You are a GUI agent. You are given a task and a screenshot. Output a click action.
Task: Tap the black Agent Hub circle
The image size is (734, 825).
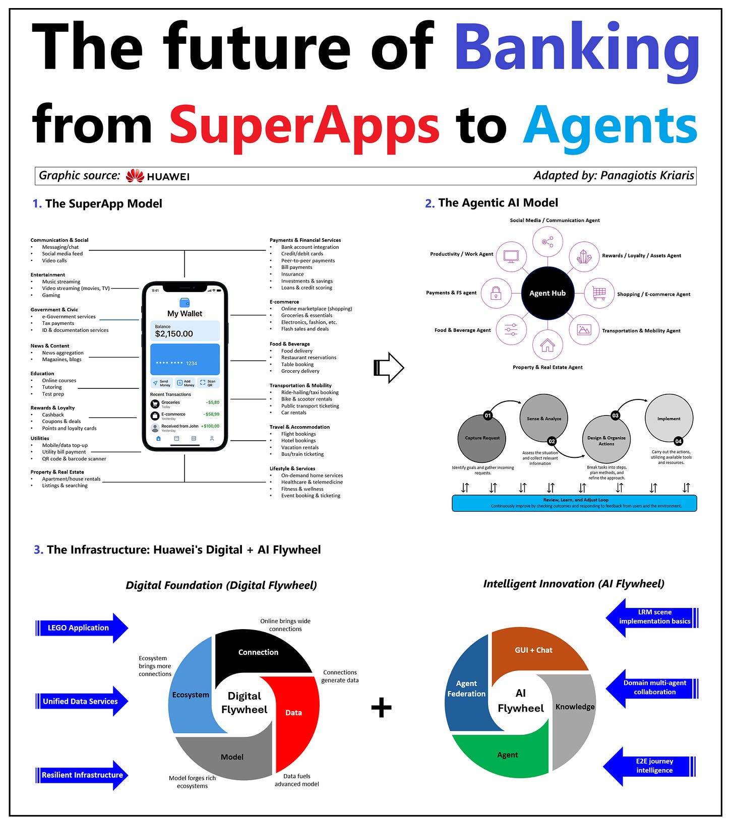pyautogui.click(x=547, y=293)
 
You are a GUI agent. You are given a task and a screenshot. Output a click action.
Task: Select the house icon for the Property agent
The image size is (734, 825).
pyautogui.click(x=547, y=346)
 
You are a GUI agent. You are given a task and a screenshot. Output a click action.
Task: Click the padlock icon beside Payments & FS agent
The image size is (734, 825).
pyautogui.click(x=496, y=293)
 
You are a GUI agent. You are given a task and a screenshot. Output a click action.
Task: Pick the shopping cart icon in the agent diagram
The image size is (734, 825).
pyautogui.click(x=599, y=293)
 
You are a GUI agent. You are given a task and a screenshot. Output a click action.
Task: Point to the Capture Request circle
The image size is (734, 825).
pyautogui.click(x=482, y=438)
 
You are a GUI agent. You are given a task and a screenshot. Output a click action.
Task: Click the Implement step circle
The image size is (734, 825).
pyautogui.click(x=669, y=419)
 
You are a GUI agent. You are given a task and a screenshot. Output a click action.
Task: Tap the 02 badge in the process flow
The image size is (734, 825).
pyautogui.click(x=552, y=441)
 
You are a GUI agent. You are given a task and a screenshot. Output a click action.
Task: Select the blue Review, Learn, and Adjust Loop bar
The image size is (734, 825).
pyautogui.click(x=574, y=503)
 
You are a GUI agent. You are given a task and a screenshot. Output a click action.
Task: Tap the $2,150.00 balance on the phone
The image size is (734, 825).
pyautogui.click(x=174, y=334)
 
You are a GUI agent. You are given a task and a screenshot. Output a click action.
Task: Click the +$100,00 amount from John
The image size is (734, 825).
pyautogui.click(x=210, y=426)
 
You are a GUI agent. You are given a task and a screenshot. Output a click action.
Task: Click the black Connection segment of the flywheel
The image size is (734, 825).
pyautogui.click(x=258, y=652)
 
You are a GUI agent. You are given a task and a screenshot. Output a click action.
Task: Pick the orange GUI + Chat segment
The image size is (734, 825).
pyautogui.click(x=533, y=650)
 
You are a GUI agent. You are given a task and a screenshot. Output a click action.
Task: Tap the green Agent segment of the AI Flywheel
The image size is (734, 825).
pyautogui.click(x=507, y=755)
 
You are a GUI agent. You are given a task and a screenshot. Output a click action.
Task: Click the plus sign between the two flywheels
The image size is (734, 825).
pyautogui.click(x=381, y=708)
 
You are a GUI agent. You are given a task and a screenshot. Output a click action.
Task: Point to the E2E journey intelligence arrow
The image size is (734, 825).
pyautogui.click(x=650, y=766)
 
